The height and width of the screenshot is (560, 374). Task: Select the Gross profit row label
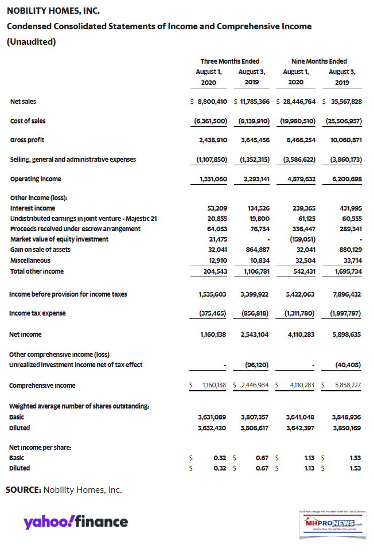(27, 139)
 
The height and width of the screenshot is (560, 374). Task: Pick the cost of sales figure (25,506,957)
(342, 121)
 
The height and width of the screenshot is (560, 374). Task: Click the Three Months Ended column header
(229, 61)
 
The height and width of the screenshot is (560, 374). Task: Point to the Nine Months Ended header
(319, 61)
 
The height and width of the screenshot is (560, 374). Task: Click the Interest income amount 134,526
(256, 208)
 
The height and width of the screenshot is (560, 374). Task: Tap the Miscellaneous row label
(29, 260)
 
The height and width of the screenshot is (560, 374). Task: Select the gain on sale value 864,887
(256, 250)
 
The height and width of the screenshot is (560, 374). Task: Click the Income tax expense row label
(37, 313)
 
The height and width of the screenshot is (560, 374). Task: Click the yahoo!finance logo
(76, 522)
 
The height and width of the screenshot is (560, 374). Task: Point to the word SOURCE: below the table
(24, 490)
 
